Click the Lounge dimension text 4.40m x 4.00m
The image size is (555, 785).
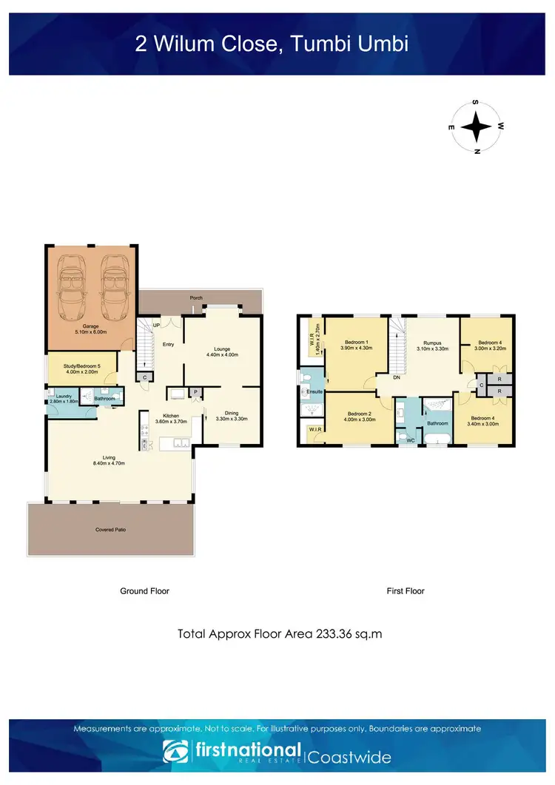[x=222, y=355]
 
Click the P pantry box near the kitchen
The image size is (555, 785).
[x=196, y=392]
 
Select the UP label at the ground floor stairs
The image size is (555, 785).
[x=156, y=326]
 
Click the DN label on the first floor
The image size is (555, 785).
[x=396, y=377]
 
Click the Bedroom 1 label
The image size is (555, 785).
[x=357, y=342]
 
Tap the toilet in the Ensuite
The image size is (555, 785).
[x=306, y=377]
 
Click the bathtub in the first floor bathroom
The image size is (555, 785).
[x=437, y=441]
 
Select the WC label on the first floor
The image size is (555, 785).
[x=410, y=439]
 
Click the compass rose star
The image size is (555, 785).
[x=477, y=127]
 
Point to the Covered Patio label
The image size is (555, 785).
[x=110, y=530]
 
